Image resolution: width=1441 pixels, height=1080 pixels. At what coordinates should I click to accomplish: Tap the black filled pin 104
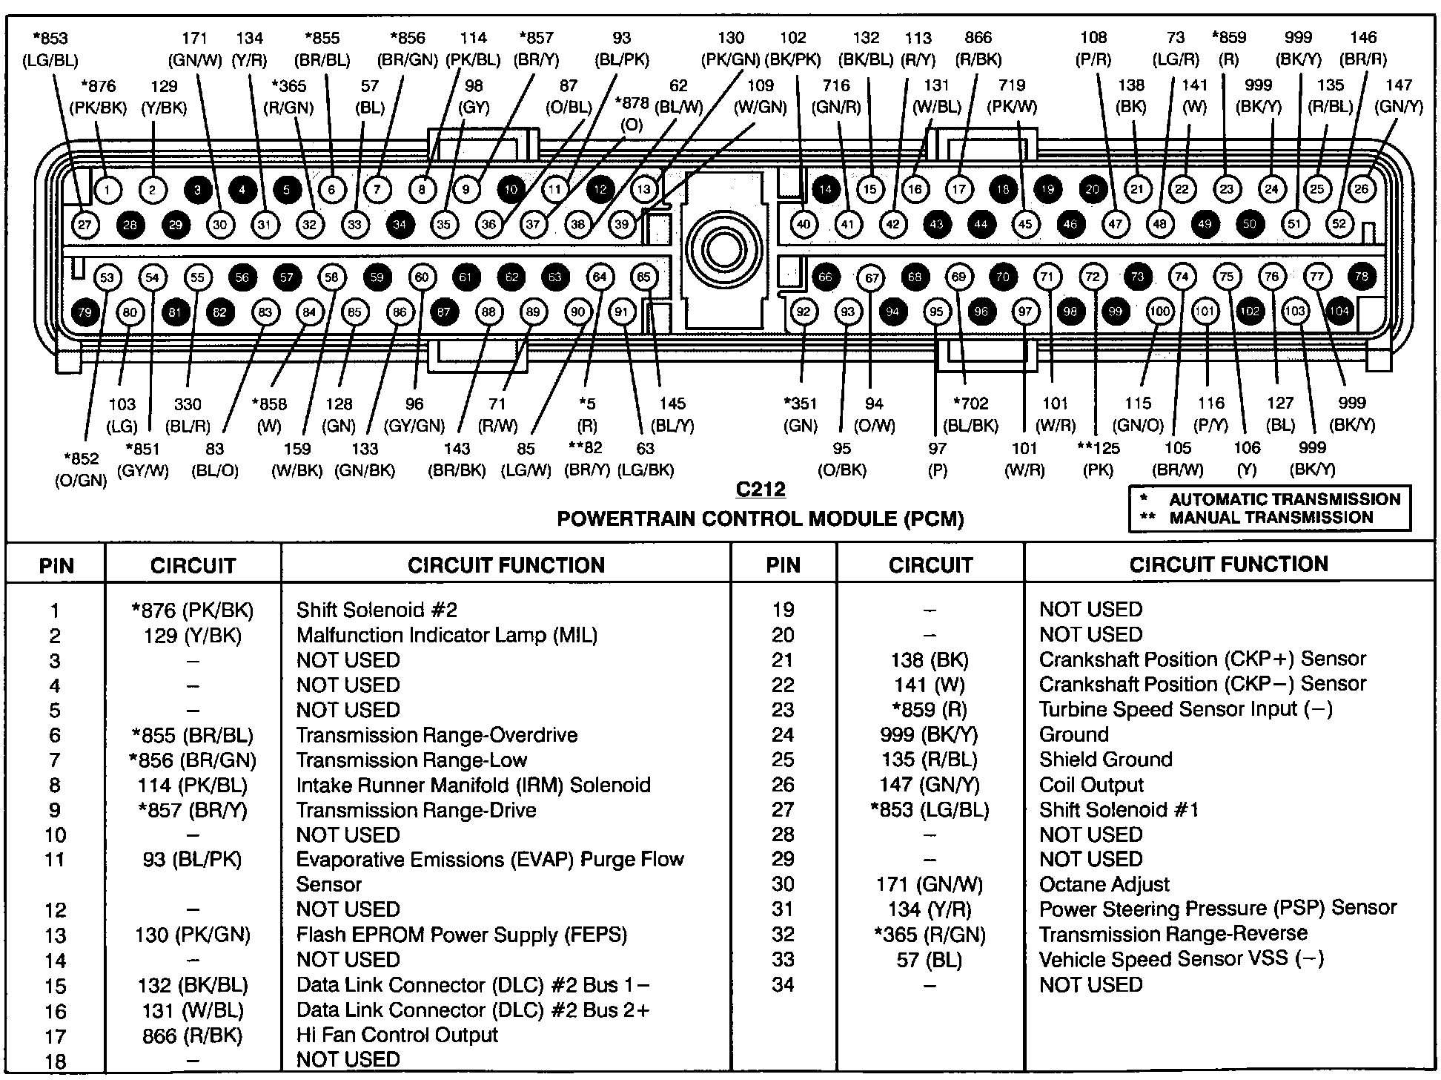pyautogui.click(x=1339, y=311)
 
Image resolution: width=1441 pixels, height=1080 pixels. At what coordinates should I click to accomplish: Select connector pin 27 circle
pyautogui.click(x=85, y=224)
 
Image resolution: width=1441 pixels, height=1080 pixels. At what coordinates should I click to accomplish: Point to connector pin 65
pyautogui.click(x=643, y=277)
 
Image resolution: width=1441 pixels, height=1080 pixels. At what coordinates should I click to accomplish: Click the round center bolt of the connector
pyautogui.click(x=723, y=250)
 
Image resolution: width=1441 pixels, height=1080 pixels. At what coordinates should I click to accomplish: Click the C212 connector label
pyautogui.click(x=760, y=490)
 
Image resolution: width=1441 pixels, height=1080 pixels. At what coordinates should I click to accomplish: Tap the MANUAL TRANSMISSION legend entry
pyautogui.click(x=1271, y=518)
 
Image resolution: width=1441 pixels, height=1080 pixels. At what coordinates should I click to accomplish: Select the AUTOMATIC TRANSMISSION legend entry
pyautogui.click(x=1284, y=499)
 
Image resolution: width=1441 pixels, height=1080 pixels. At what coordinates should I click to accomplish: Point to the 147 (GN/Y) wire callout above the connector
pyautogui.click(x=1398, y=96)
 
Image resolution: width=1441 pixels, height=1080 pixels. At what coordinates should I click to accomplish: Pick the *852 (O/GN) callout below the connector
pyautogui.click(x=81, y=469)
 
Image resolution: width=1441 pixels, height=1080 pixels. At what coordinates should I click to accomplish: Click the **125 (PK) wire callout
pyautogui.click(x=1098, y=458)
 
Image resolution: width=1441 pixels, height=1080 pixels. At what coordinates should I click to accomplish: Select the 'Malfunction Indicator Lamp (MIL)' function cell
pyautogui.click(x=446, y=636)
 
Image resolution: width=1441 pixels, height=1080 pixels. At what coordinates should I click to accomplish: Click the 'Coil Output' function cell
pyautogui.click(x=1091, y=785)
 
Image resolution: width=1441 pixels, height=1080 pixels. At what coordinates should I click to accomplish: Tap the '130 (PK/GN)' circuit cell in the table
pyautogui.click(x=193, y=935)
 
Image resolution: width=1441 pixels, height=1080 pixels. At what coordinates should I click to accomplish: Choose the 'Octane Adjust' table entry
pyautogui.click(x=1104, y=884)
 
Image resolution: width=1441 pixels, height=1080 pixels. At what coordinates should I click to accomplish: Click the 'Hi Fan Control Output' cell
pyautogui.click(x=397, y=1035)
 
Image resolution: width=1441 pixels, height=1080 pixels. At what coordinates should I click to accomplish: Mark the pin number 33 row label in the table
pyautogui.click(x=783, y=960)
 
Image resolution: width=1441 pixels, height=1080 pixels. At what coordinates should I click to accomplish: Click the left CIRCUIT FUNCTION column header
pyautogui.click(x=506, y=565)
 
